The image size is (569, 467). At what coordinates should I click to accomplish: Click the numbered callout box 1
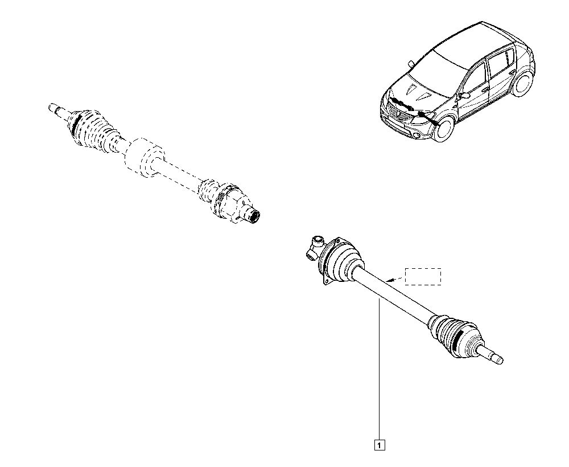[379, 445]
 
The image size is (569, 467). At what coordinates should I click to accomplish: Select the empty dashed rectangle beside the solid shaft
[423, 276]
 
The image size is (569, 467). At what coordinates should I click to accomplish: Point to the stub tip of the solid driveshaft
[500, 361]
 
